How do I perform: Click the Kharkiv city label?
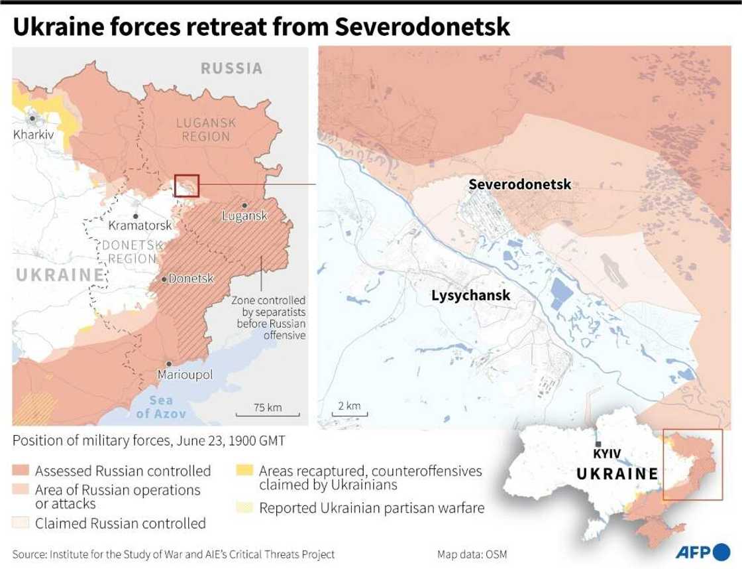pyautogui.click(x=33, y=134)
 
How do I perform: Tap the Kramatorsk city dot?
pyautogui.click(x=135, y=216)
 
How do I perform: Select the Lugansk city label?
pyautogui.click(x=244, y=216)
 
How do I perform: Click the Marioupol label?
pyautogui.click(x=185, y=375)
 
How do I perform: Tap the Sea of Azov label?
pyautogui.click(x=160, y=407)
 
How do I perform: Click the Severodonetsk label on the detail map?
pyautogui.click(x=519, y=184)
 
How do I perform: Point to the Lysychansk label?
pyautogui.click(x=470, y=295)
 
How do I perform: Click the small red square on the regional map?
pyautogui.click(x=186, y=186)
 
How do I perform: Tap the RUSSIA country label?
pyautogui.click(x=232, y=68)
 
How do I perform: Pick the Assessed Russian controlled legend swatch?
pyautogui.click(x=21, y=471)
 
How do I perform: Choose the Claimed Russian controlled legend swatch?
pyautogui.click(x=21, y=523)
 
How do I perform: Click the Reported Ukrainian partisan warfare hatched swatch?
pyautogui.click(x=244, y=509)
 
